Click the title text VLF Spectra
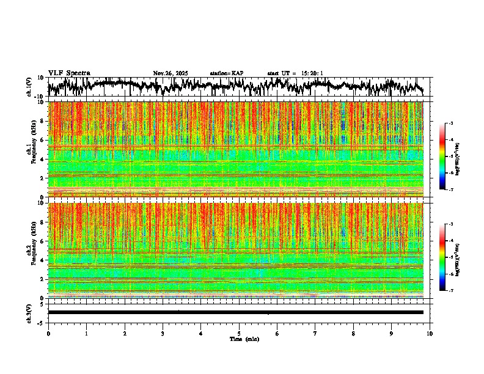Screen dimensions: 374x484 [x=69, y=73]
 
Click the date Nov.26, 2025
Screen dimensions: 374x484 [x=170, y=73]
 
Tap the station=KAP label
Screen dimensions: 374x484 [x=227, y=73]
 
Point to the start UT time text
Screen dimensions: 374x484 [x=295, y=73]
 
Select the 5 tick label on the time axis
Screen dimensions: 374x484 [x=239, y=333]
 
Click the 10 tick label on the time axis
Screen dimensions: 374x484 [x=430, y=333]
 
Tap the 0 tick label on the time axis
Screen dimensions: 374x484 [x=48, y=333]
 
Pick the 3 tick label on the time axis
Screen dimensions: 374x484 [x=163, y=333]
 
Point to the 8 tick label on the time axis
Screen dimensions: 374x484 [x=353, y=333]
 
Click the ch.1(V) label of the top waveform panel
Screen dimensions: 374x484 [x=29, y=87]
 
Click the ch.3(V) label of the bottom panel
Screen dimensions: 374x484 [x=29, y=312]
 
